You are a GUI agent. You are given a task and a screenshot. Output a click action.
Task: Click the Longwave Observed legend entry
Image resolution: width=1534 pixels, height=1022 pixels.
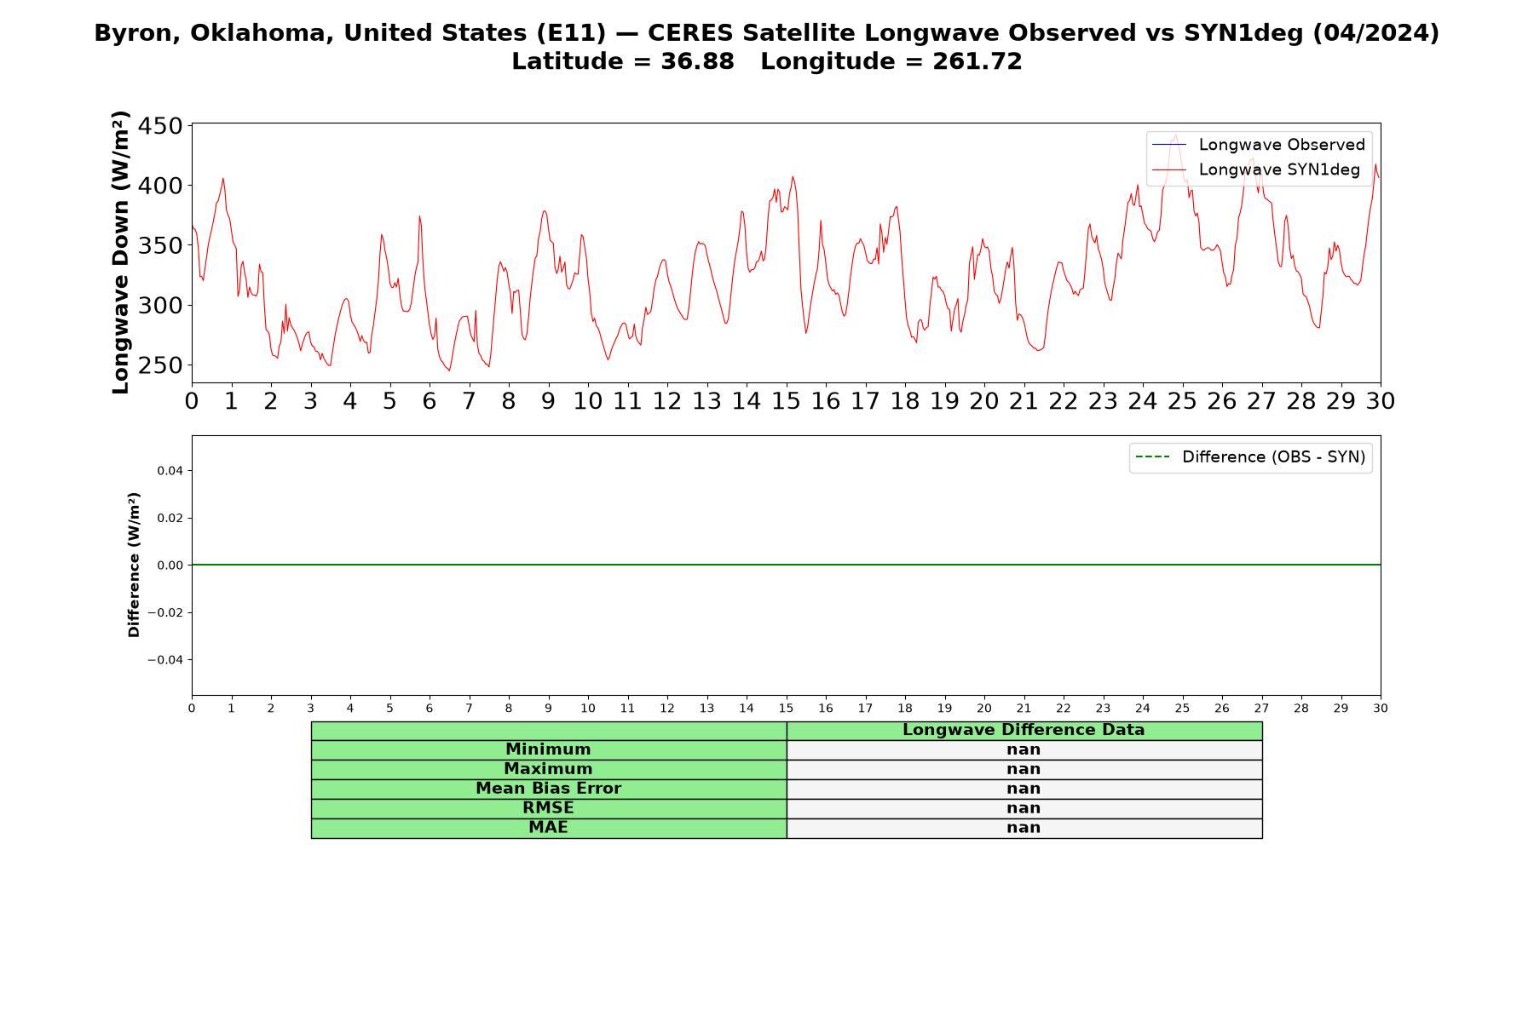pos(1259,145)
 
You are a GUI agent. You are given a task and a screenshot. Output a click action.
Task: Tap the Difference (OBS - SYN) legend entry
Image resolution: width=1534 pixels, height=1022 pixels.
pos(1250,457)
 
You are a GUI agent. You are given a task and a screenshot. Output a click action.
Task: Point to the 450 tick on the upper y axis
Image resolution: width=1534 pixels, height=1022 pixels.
pos(161,126)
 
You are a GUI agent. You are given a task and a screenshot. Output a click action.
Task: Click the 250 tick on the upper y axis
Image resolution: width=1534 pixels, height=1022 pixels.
pos(161,365)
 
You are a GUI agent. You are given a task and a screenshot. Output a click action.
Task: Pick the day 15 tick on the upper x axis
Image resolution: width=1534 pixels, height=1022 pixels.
pos(786,401)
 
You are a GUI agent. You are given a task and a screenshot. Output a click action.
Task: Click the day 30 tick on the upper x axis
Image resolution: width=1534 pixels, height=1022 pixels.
pos(1380,401)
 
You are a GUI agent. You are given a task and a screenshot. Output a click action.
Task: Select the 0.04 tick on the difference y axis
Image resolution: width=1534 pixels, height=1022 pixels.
pos(170,470)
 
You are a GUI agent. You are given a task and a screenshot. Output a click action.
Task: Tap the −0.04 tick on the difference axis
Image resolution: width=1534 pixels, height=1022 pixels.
pos(165,660)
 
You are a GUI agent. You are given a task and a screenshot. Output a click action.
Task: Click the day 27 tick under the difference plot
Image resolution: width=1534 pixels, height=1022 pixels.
pos(1261,709)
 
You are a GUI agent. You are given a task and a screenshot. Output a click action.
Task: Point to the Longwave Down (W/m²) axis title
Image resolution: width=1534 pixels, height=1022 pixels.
pos(121,252)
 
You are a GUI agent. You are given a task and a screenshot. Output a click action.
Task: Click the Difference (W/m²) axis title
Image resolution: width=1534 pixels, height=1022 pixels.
pos(134,565)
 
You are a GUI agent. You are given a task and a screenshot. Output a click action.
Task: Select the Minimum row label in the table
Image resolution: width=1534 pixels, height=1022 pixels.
pos(548,749)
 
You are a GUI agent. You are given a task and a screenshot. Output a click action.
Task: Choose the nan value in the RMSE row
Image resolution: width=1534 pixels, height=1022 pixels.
pos(1024,808)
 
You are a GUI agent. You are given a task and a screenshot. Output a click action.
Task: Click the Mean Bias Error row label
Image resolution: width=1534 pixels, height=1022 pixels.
pos(548,789)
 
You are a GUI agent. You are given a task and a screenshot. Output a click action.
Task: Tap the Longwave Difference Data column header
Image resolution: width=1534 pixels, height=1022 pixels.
pos(1024,730)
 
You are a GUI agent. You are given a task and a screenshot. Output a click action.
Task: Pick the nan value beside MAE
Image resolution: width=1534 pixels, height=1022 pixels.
pos(1024,828)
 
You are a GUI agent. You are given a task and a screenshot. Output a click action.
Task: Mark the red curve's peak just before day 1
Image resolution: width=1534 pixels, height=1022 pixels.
pos(223,178)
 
